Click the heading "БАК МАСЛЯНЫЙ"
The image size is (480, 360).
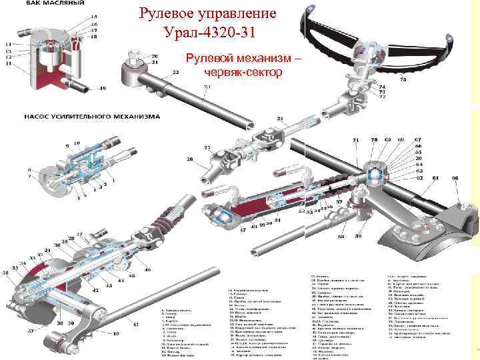(x=55, y=3)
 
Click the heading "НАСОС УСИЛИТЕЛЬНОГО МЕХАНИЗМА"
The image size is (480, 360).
(x=92, y=116)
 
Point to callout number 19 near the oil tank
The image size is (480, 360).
(x=102, y=88)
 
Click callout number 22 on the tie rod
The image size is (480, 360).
(x=175, y=72)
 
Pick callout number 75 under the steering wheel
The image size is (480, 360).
(x=403, y=80)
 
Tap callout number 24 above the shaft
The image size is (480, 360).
(x=280, y=119)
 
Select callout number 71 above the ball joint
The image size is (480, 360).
(x=355, y=140)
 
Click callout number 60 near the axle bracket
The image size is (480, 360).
(x=455, y=179)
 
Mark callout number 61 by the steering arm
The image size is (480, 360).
(x=434, y=179)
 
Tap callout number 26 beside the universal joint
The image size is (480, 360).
(x=189, y=159)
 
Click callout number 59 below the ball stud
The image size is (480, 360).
(x=358, y=236)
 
